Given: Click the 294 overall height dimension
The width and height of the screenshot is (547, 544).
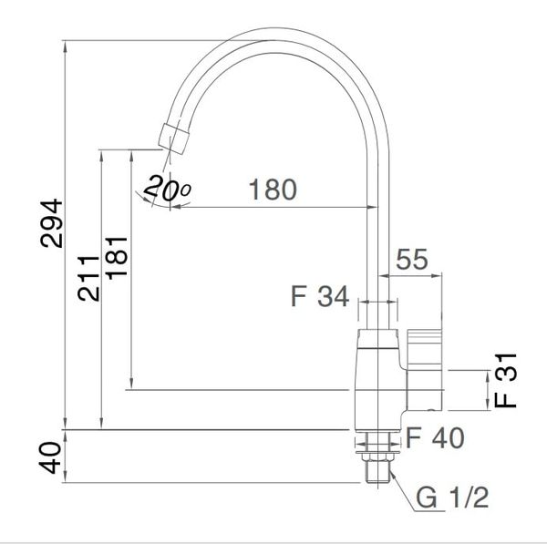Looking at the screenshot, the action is pos(51,223).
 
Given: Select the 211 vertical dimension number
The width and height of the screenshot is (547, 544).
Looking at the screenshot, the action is pos(88,278).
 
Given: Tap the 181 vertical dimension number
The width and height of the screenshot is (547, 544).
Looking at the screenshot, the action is pos(117,258).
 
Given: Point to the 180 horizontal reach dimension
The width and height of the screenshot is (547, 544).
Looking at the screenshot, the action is pos(273,190).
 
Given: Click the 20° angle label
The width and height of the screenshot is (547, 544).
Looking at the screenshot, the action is pos(168,189).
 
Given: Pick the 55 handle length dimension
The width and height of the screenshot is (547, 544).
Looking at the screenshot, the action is pos(412,260).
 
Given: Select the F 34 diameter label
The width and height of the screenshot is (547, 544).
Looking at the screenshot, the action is pos(320,296).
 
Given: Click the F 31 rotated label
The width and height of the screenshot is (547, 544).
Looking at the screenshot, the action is pos(505,380).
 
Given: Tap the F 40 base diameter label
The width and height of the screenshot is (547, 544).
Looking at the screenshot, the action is pos(435,437).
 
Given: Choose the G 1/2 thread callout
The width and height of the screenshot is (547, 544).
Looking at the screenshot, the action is pos(452,498).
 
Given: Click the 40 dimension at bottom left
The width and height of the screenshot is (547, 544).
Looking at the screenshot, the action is pos(50,457).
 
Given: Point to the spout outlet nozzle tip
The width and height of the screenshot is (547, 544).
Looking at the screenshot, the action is pos(174,139).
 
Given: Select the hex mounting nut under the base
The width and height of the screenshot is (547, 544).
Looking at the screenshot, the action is pos(378,457).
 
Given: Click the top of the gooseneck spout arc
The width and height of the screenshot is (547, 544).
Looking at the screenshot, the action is pos(275,40).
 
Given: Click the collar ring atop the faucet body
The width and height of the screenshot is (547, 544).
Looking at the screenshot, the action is pos(378,339).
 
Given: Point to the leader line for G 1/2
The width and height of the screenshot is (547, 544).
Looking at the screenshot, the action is pos(405,493).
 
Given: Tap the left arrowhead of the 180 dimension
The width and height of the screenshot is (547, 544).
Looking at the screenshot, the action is pos(176,207).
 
